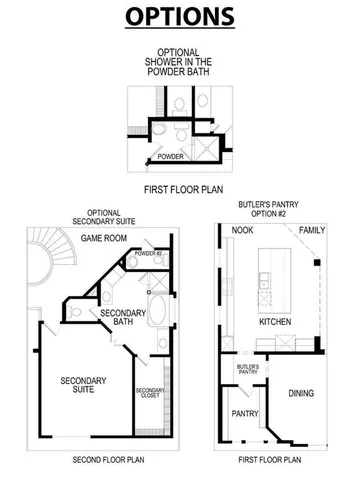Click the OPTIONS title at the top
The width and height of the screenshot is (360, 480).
pyautogui.click(x=180, y=17)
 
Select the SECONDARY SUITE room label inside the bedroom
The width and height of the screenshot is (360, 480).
pyautogui.click(x=84, y=387)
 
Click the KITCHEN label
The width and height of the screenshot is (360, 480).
pyautogui.click(x=275, y=324)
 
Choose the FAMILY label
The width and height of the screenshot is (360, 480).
pyautogui.click(x=313, y=229)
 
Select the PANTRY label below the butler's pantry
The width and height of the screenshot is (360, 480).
pyautogui.click(x=245, y=412)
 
